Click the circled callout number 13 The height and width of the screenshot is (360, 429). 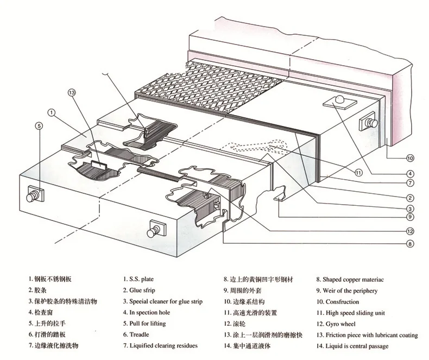point(72,92)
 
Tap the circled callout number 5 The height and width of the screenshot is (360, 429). point(39,126)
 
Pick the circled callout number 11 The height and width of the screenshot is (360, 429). point(358,173)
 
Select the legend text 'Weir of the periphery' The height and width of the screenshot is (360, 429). point(351,290)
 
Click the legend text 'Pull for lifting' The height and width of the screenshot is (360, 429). point(147,324)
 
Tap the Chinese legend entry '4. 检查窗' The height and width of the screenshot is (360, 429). point(43,313)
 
